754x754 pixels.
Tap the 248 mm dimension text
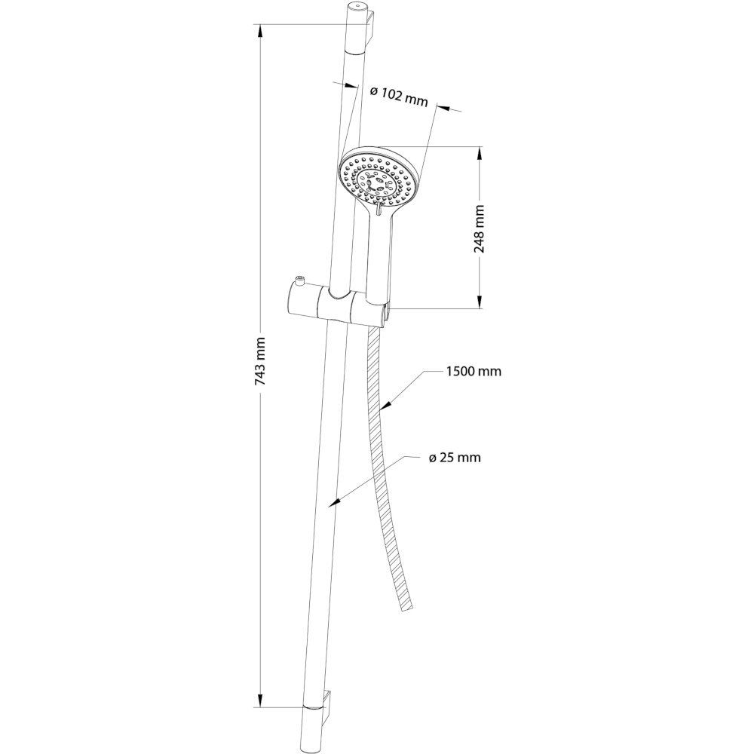coord(480,229)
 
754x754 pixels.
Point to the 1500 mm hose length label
coord(474,371)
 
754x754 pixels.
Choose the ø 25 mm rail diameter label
coord(455,457)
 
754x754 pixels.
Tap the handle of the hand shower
coord(381,255)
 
